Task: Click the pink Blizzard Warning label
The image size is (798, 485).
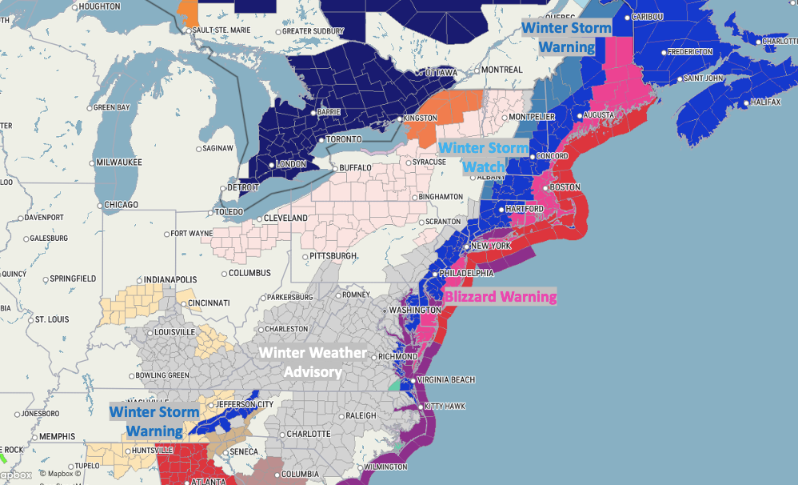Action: pyautogui.click(x=501, y=297)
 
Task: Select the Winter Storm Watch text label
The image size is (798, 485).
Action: pyautogui.click(x=484, y=157)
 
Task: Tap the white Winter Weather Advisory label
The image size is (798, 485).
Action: pyautogui.click(x=313, y=362)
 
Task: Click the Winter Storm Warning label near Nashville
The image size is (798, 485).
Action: pyautogui.click(x=154, y=421)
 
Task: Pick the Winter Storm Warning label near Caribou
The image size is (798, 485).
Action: pyautogui.click(x=566, y=37)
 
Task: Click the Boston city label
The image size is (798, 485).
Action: pyautogui.click(x=564, y=187)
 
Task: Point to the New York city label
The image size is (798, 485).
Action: pyautogui.click(x=490, y=246)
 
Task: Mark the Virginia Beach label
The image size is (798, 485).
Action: pyautogui.click(x=446, y=380)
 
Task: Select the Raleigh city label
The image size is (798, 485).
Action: pyautogui.click(x=360, y=416)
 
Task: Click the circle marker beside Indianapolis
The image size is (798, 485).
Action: pyautogui.click(x=134, y=279)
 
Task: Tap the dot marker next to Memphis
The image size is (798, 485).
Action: pyautogui.click(x=32, y=437)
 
